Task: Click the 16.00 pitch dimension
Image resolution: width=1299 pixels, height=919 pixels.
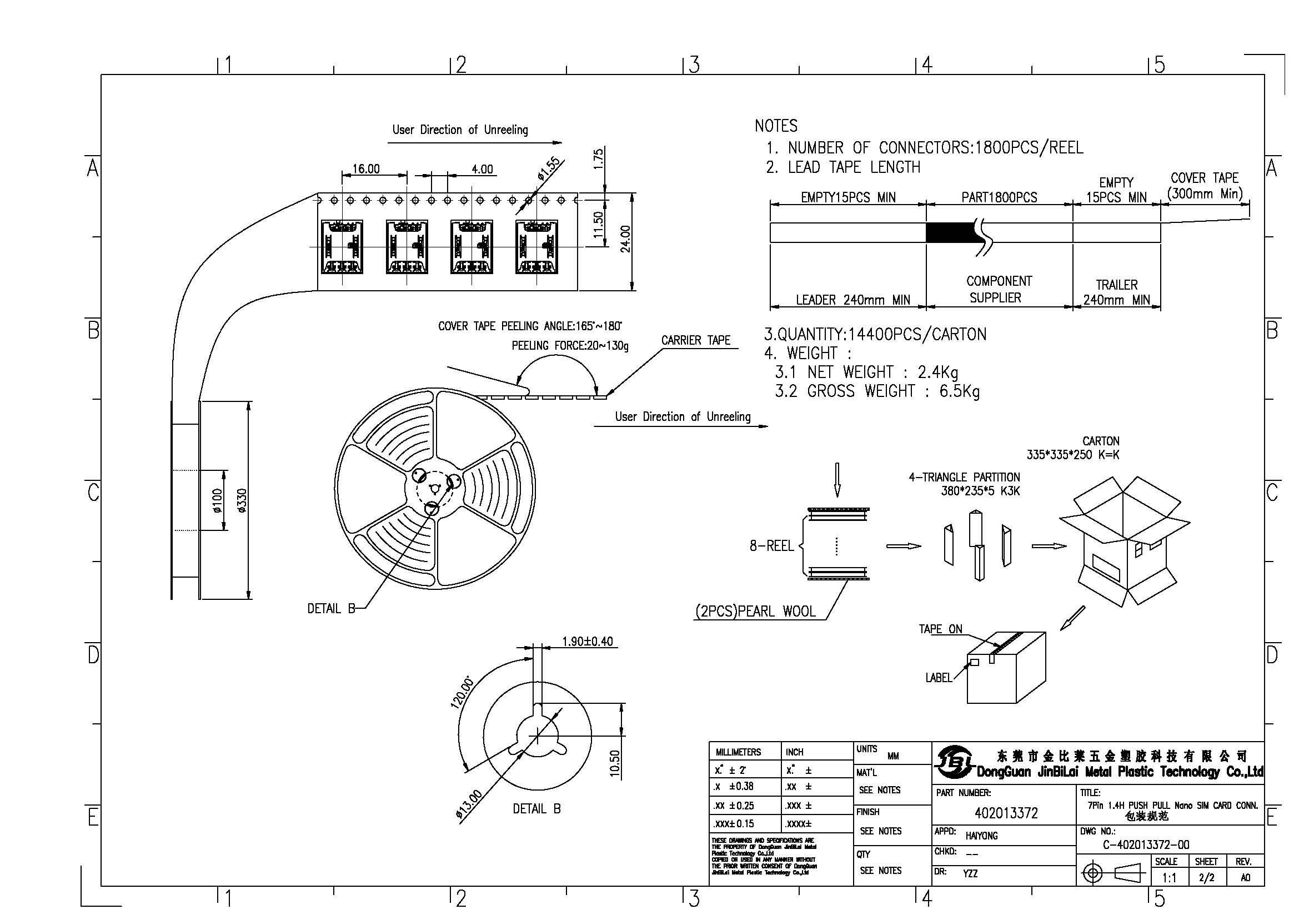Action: click(x=366, y=169)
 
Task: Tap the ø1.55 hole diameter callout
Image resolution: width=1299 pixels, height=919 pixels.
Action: click(x=548, y=168)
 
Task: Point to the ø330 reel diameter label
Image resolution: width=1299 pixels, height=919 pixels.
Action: click(x=242, y=500)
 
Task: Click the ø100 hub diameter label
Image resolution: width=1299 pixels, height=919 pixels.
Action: click(x=218, y=500)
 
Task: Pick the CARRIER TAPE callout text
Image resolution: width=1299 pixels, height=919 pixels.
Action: click(x=695, y=340)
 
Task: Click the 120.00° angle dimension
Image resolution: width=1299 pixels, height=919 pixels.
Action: click(x=462, y=692)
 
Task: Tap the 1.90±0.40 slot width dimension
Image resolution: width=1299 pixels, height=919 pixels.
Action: click(x=586, y=641)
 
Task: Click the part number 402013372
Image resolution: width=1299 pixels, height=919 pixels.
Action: click(x=1006, y=814)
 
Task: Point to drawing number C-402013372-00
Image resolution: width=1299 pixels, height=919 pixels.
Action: click(x=1146, y=845)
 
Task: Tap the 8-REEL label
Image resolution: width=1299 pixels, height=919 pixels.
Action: click(x=771, y=546)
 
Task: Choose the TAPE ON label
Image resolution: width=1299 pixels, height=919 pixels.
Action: click(x=940, y=629)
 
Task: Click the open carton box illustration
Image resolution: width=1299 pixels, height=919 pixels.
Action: click(x=1124, y=541)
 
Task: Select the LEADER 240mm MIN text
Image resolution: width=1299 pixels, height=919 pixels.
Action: click(x=852, y=300)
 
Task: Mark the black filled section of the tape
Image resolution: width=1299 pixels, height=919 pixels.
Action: click(x=949, y=233)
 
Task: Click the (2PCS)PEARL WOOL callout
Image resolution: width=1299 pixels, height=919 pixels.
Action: click(x=755, y=612)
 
